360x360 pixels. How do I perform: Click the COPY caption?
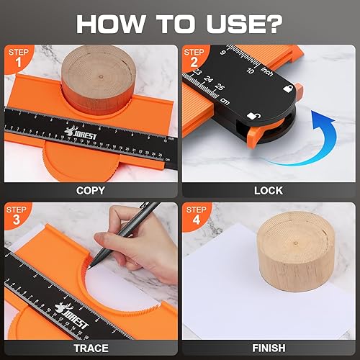pyautogui.click(x=91, y=191)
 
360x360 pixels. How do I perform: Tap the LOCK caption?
pyautogui.click(x=269, y=191)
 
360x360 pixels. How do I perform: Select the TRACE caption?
pyautogui.click(x=91, y=348)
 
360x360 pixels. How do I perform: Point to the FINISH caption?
pyautogui.click(x=269, y=348)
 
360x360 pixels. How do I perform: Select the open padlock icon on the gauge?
pyautogui.click(x=253, y=116)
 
